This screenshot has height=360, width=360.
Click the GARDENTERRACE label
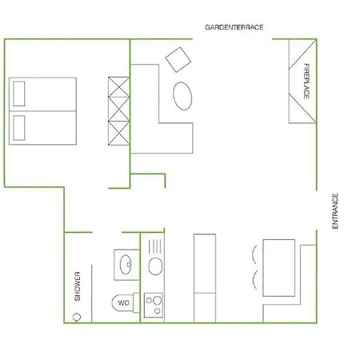(234, 27)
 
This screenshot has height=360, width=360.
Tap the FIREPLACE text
(306, 81)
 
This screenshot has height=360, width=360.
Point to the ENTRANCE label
(335, 211)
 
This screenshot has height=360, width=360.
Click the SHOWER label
(78, 286)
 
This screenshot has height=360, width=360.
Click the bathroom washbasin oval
(126, 265)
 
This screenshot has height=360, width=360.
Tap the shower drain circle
(77, 317)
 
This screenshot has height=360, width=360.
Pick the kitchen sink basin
(155, 266)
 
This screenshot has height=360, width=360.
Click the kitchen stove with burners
(154, 305)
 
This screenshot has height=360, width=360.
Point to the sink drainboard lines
(155, 246)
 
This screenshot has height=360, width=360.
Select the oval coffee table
(182, 96)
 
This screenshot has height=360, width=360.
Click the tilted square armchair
(178, 60)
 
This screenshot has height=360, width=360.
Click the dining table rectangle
(279, 268)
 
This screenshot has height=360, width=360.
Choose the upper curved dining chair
(254, 254)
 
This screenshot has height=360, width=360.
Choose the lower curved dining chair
(254, 280)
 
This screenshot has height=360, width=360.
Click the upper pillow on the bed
(19, 94)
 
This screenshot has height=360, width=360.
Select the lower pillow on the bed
(19, 128)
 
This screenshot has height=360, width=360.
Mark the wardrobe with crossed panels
(119, 111)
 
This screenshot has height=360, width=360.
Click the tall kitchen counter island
(205, 278)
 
